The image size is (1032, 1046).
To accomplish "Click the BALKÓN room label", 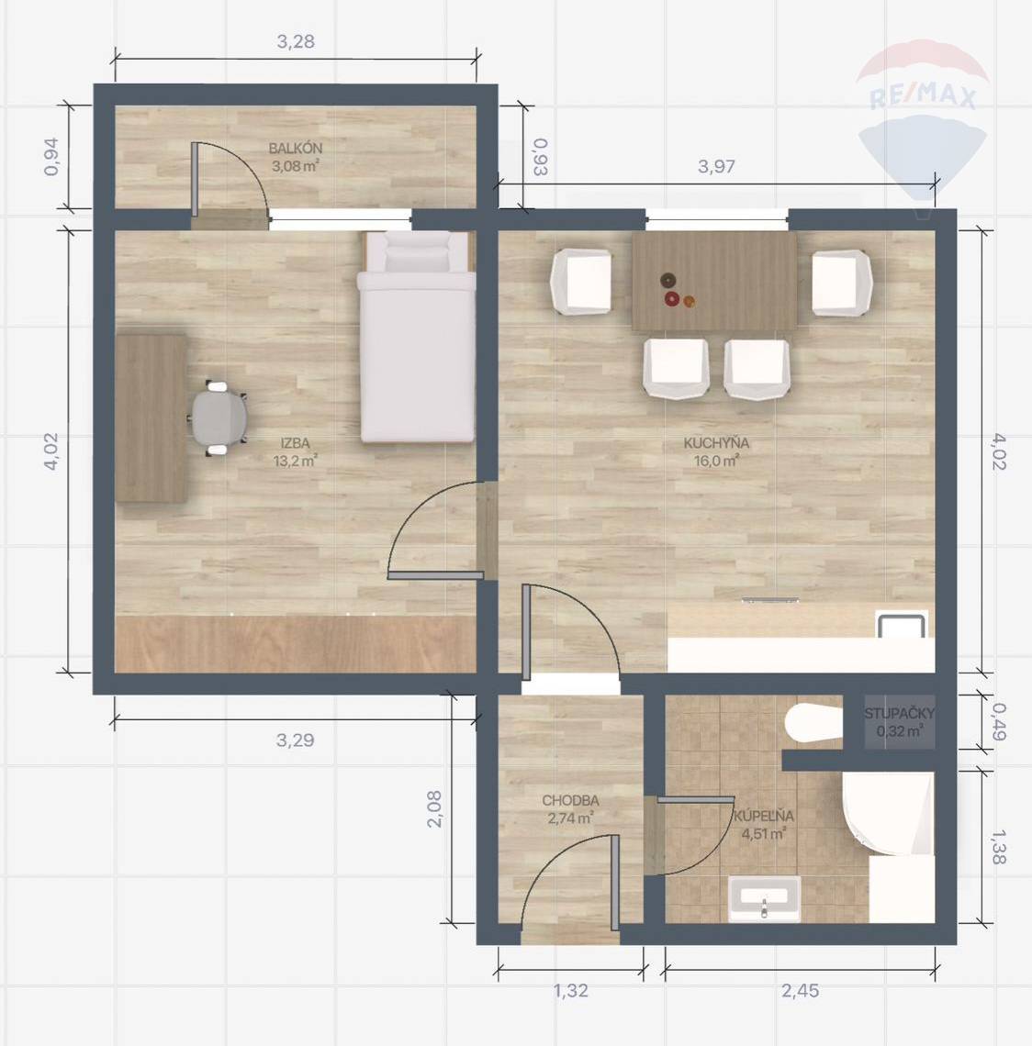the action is pyautogui.click(x=295, y=148).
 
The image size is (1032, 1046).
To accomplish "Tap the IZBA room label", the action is pyautogui.click(x=295, y=443).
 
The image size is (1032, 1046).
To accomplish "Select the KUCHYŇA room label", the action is pyautogui.click(x=716, y=443).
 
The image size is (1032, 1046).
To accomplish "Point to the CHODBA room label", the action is pyautogui.click(x=570, y=800).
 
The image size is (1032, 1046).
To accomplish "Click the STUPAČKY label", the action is pyautogui.click(x=899, y=713).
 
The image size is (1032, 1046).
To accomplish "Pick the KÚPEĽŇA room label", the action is pyautogui.click(x=764, y=815).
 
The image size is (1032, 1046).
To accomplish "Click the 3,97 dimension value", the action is pyautogui.click(x=716, y=166).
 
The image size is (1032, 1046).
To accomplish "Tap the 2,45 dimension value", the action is pyautogui.click(x=800, y=991).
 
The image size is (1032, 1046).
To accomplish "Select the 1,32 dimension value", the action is pyautogui.click(x=571, y=991).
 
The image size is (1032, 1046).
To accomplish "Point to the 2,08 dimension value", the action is pyautogui.click(x=434, y=809).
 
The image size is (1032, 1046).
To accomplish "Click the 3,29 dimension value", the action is pyautogui.click(x=295, y=740).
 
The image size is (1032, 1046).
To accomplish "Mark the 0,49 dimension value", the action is pyautogui.click(x=999, y=722).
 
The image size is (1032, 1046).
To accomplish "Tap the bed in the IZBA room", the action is pyautogui.click(x=417, y=337).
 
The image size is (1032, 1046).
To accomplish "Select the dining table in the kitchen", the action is pyautogui.click(x=714, y=282).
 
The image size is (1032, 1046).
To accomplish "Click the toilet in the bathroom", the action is pyautogui.click(x=813, y=722).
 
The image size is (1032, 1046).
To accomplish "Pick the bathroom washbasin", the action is pyautogui.click(x=764, y=898).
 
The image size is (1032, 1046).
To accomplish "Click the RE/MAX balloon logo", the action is pyautogui.click(x=922, y=120).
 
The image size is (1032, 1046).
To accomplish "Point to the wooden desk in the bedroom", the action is pyautogui.click(x=151, y=418).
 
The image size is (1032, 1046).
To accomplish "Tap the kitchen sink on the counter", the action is pyautogui.click(x=902, y=625).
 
